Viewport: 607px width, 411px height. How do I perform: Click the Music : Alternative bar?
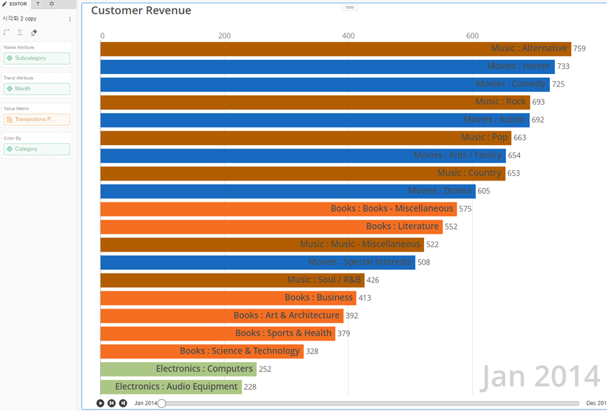click(x=336, y=48)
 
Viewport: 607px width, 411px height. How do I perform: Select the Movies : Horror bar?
click(x=327, y=66)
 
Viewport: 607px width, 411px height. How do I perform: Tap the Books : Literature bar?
click(x=271, y=226)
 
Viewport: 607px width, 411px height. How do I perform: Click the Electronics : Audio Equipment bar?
click(x=171, y=387)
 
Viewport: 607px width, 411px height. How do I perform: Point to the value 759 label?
click(x=579, y=49)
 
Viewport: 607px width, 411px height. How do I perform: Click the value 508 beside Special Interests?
click(x=424, y=262)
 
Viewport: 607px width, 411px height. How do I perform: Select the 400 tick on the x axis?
click(x=348, y=36)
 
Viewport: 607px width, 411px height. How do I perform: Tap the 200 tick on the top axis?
click(x=224, y=36)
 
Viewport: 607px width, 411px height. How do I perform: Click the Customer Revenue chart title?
click(x=141, y=11)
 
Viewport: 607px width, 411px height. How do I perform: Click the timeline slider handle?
click(x=161, y=403)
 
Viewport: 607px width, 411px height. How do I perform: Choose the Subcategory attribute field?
click(x=36, y=58)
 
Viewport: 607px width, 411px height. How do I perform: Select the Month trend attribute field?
click(x=36, y=88)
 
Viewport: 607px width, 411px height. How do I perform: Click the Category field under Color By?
click(x=36, y=149)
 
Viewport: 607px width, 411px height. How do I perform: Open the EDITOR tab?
click(x=14, y=4)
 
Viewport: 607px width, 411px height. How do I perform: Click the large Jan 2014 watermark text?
click(x=540, y=376)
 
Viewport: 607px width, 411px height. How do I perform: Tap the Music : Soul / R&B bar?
click(x=232, y=280)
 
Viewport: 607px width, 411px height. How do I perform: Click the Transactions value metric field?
click(x=36, y=119)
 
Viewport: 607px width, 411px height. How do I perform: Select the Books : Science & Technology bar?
click(x=202, y=351)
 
